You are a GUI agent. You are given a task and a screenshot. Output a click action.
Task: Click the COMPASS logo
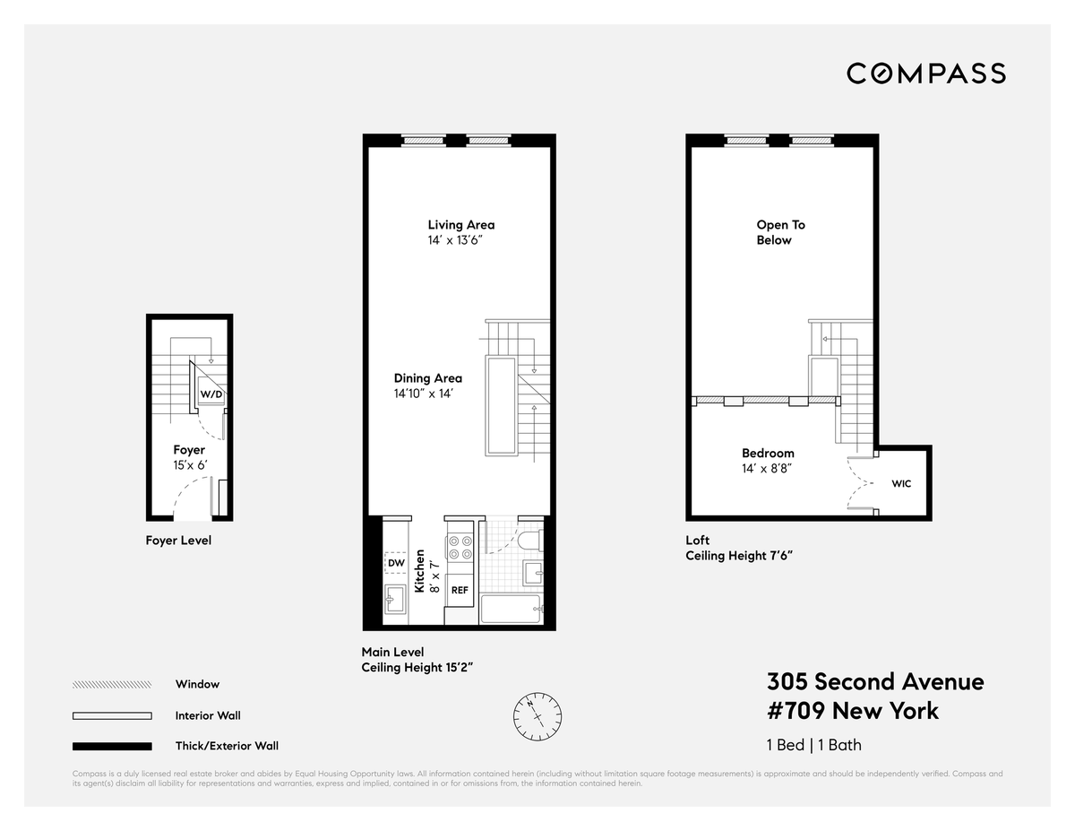coord(925,74)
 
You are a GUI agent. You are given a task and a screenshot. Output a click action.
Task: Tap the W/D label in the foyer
coord(211,394)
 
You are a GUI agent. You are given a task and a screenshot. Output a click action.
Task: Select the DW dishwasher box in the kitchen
coord(396,563)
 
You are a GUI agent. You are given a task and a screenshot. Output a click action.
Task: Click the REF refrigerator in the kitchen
coord(460,590)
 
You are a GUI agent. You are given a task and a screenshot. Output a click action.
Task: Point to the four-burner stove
coord(460,548)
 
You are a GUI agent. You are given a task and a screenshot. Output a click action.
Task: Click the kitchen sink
coord(395,599)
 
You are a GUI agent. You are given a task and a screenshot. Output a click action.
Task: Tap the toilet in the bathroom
coord(529,540)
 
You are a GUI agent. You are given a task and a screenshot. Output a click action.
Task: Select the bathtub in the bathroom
coord(511,609)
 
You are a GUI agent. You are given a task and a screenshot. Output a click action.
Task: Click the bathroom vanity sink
coord(533,574)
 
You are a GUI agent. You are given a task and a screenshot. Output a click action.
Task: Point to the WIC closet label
coord(901,483)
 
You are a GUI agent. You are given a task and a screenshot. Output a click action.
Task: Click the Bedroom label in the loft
coord(768,453)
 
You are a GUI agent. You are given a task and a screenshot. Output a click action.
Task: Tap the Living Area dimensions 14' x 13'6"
coord(455,240)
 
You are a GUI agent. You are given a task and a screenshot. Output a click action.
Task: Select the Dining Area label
coord(428,378)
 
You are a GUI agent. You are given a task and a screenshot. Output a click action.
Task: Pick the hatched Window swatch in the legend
coord(112,685)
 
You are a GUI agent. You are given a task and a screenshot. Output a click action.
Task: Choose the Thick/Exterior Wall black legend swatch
coord(112,747)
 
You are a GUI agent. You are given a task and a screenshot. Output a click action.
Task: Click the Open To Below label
coord(780,232)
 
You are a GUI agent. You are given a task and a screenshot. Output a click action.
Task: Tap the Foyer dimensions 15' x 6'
coord(190,465)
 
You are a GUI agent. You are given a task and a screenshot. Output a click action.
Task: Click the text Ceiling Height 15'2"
coord(417,667)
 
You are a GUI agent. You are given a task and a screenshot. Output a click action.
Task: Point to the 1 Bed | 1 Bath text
coord(813,745)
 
